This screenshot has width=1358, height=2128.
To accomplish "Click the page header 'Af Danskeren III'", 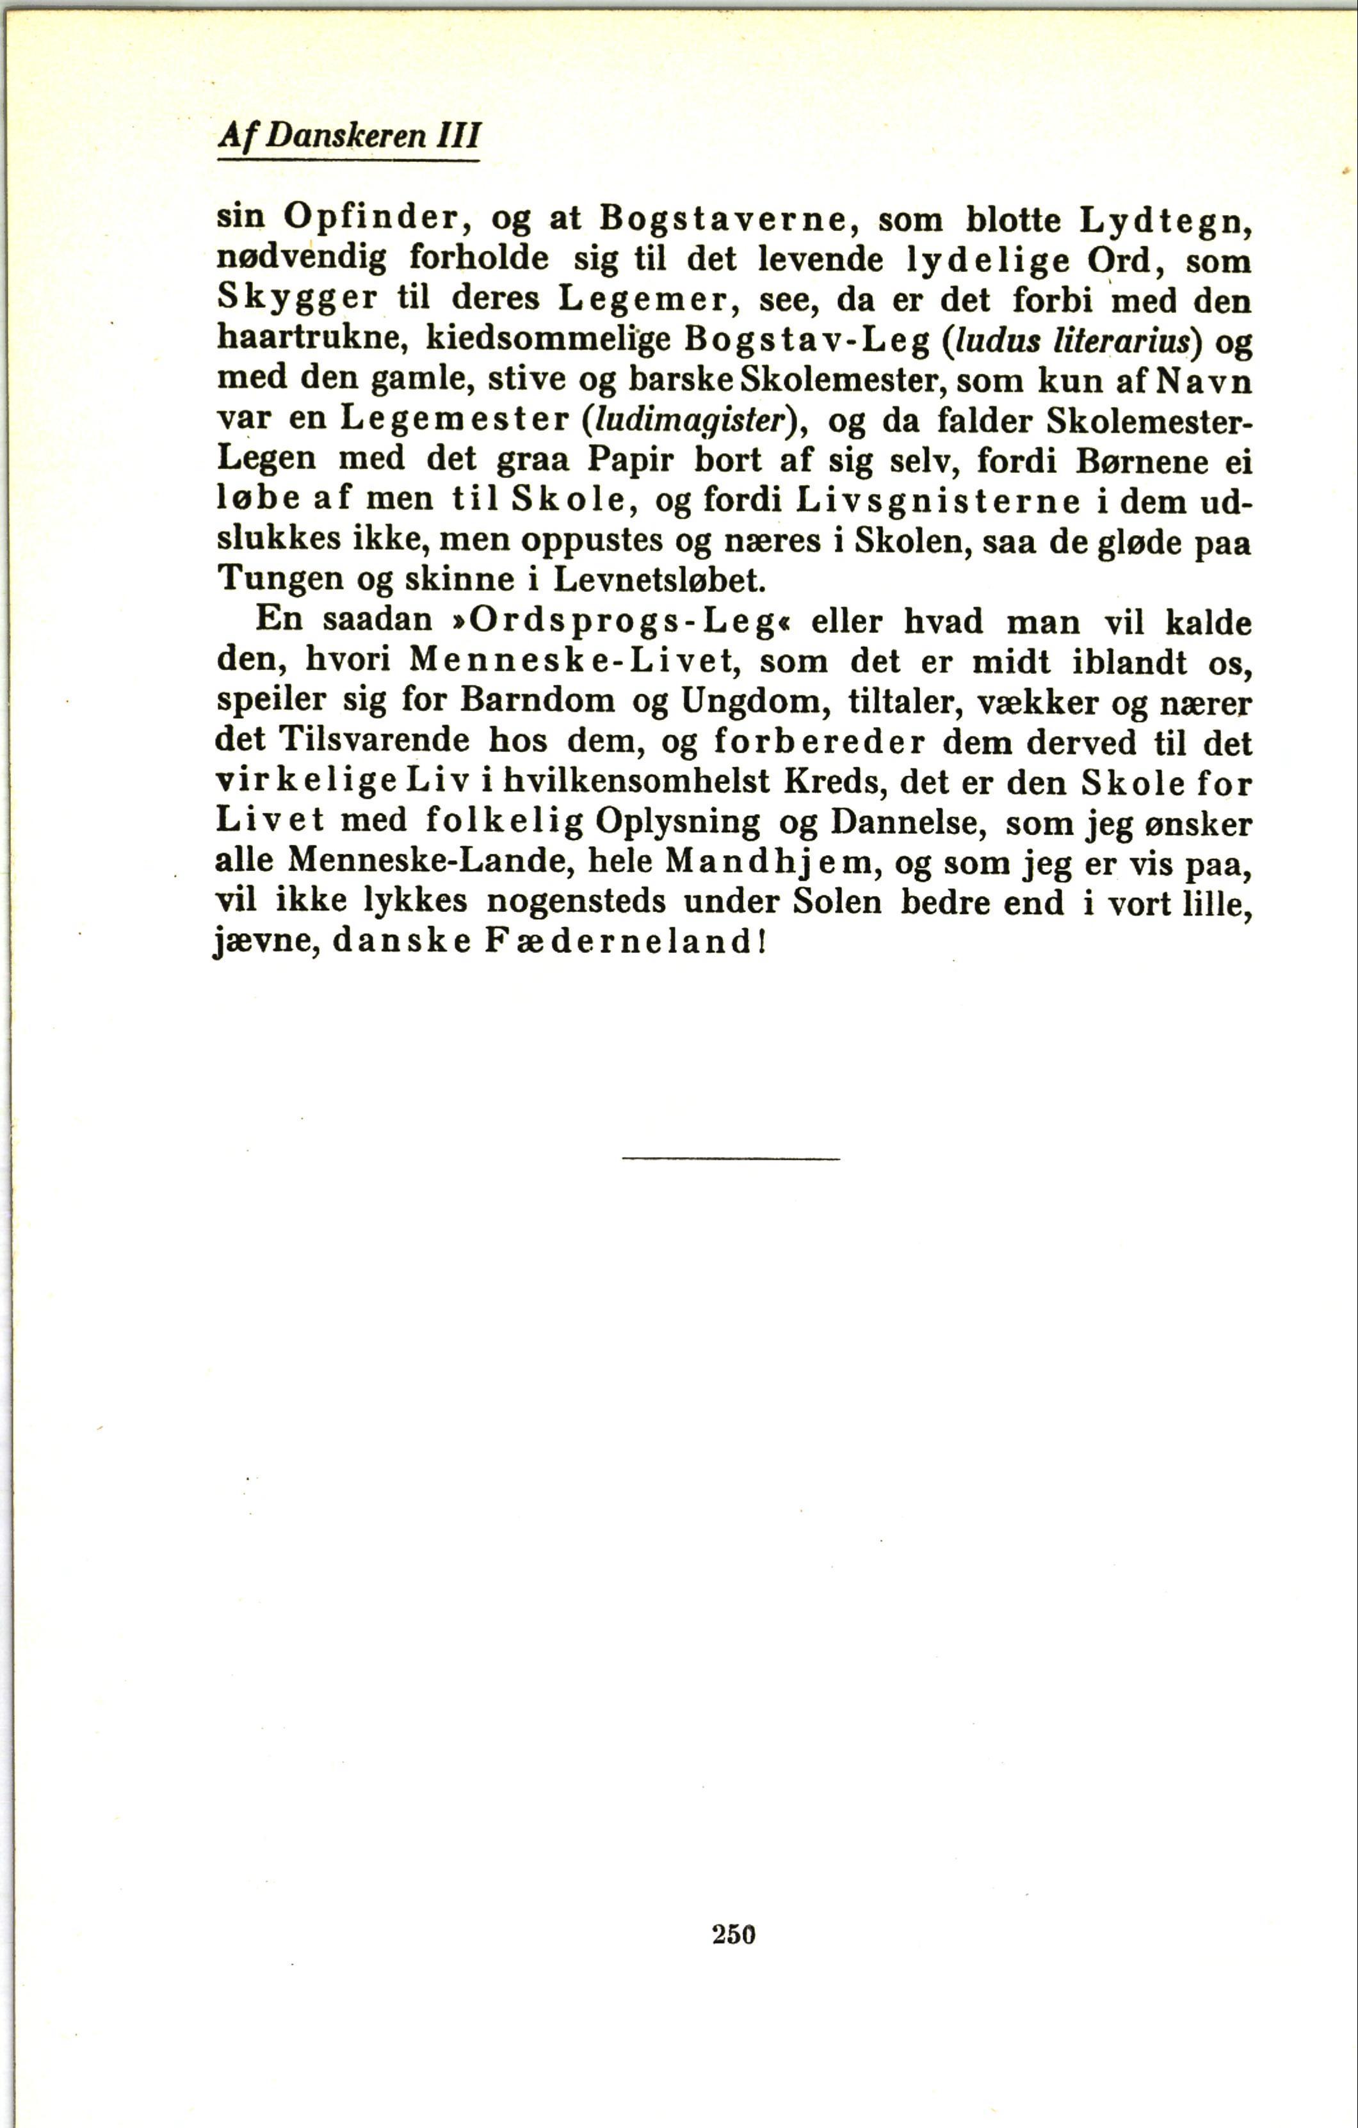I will click(348, 136).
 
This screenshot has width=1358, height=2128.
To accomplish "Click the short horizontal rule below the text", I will click(731, 1158).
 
